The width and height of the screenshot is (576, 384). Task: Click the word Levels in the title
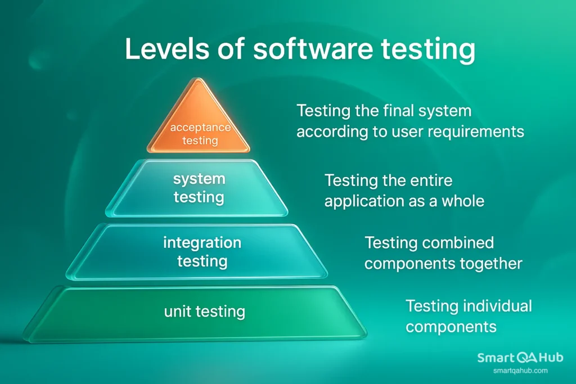pos(166,49)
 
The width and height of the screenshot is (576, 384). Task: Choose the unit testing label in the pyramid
pos(204,311)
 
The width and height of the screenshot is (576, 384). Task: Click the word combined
pos(457,243)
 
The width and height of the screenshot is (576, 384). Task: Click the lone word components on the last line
pos(451,327)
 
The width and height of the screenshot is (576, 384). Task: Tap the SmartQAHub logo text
pos(520,358)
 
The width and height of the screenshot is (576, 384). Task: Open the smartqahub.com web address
pos(520,371)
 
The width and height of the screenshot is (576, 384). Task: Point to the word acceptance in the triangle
pos(200,127)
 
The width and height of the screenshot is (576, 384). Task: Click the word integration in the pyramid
pos(202,243)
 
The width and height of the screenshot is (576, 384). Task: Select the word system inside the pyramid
pos(199,179)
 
